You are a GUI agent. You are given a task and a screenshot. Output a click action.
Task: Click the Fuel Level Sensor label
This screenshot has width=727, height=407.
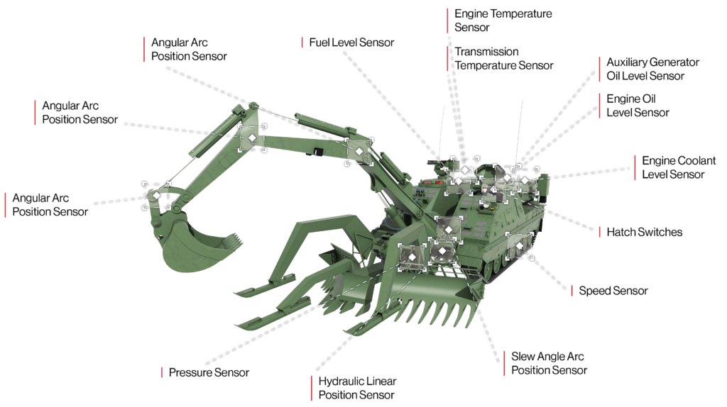[351, 43]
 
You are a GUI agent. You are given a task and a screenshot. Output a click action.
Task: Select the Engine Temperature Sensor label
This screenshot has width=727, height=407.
[503, 21]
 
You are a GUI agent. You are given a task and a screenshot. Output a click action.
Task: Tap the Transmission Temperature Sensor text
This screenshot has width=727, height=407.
[503, 58]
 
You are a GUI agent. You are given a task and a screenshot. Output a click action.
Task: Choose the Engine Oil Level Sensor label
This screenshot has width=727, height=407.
[638, 106]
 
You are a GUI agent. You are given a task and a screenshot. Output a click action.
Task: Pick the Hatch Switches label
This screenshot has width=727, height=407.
[644, 232]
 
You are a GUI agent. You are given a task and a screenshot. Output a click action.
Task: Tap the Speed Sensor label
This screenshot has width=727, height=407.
[613, 291]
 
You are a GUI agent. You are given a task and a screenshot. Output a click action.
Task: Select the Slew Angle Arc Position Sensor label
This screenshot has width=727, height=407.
[549, 363]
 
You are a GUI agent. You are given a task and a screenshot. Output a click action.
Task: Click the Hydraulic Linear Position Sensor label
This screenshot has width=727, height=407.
[357, 388]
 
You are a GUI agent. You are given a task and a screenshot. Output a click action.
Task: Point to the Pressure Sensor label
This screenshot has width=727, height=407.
[209, 372]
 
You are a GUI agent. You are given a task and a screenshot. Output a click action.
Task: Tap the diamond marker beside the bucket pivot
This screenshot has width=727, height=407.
[156, 194]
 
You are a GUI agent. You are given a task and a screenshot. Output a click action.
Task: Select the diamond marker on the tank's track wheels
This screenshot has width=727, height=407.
[519, 245]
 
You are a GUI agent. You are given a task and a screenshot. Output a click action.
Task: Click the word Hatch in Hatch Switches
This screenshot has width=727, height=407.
[621, 232]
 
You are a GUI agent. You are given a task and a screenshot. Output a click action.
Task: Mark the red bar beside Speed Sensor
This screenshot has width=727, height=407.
[572, 291]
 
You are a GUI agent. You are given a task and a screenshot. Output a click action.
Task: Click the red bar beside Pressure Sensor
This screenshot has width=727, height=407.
[162, 372]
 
